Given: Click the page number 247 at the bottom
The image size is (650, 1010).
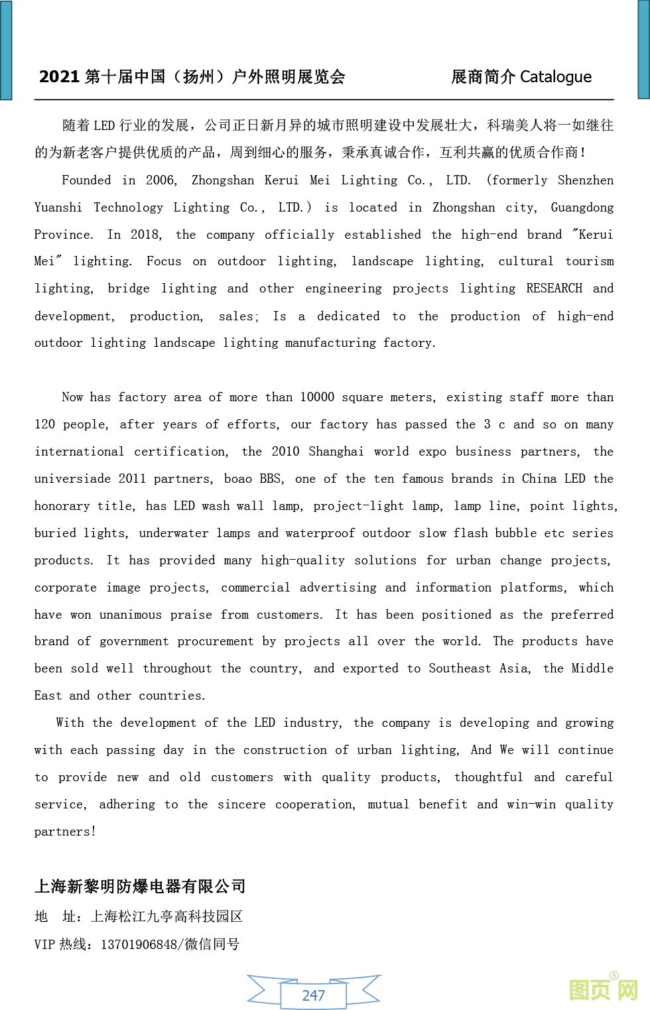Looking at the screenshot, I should [313, 995].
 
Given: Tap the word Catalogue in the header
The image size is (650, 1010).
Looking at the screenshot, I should [555, 77].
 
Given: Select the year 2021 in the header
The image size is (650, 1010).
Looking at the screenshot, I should [59, 77].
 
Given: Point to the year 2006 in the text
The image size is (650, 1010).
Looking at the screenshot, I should [161, 180].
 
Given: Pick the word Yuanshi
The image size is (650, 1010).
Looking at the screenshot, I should [58, 208].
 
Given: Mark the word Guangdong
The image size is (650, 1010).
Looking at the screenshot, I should [582, 208].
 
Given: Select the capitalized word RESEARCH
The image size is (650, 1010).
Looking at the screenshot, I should [554, 288].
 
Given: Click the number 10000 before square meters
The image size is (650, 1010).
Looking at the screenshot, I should [316, 397].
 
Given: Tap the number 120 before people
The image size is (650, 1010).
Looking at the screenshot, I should [44, 424].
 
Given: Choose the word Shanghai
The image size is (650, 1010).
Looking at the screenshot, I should [336, 452].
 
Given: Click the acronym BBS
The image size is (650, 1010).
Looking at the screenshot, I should [271, 479].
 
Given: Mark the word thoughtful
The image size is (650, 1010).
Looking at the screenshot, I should [488, 777].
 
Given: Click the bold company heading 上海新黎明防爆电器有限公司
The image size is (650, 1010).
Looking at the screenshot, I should [140, 887].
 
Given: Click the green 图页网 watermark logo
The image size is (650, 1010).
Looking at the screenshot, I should [604, 990].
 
